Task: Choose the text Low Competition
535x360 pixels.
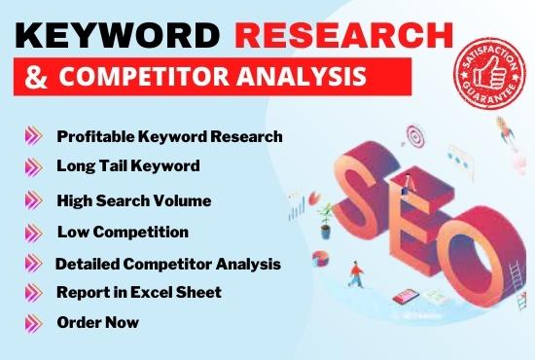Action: (x=122, y=232)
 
